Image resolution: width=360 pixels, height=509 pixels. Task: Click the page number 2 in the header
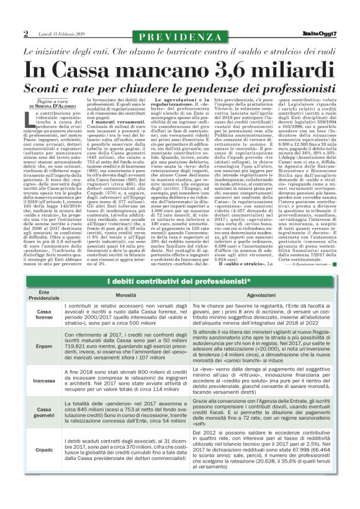tap(25, 33)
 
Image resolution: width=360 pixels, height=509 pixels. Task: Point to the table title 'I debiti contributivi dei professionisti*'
tap(179, 283)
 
